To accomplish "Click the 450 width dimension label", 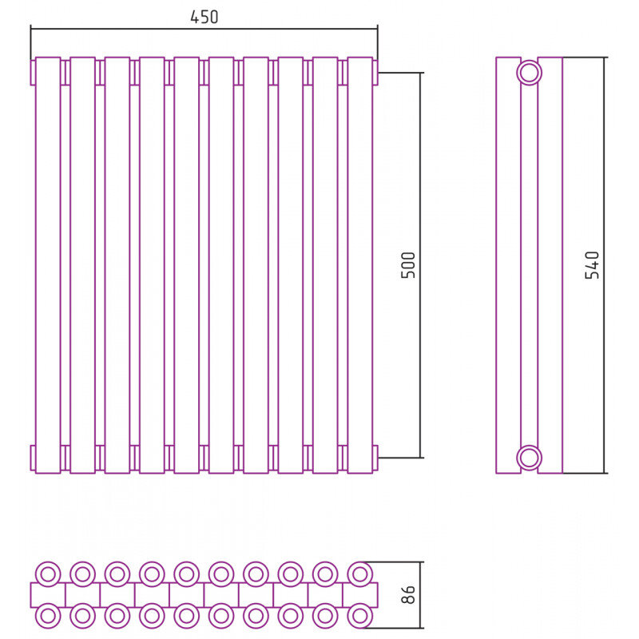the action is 204,17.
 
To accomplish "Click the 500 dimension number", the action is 408,265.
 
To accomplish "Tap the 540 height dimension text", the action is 592,265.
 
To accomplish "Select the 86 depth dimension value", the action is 408,594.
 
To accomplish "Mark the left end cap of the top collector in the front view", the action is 33,73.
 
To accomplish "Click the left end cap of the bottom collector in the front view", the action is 33,458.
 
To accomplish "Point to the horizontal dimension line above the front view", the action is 204,29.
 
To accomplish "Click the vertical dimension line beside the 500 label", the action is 420,265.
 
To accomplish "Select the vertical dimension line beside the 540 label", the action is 605,265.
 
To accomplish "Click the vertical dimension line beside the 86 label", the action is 420,595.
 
